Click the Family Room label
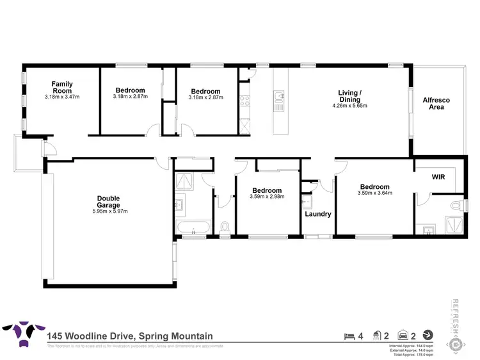[62, 87]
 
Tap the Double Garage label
[108, 202]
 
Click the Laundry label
[317, 214]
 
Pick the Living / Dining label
[349, 96]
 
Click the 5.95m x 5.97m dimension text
[108, 211]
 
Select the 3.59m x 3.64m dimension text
[374, 192]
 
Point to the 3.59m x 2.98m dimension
[266, 197]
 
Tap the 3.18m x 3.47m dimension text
[62, 97]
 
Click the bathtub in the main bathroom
[192, 227]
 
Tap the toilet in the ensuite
[457, 206]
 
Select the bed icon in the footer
[348, 335]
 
